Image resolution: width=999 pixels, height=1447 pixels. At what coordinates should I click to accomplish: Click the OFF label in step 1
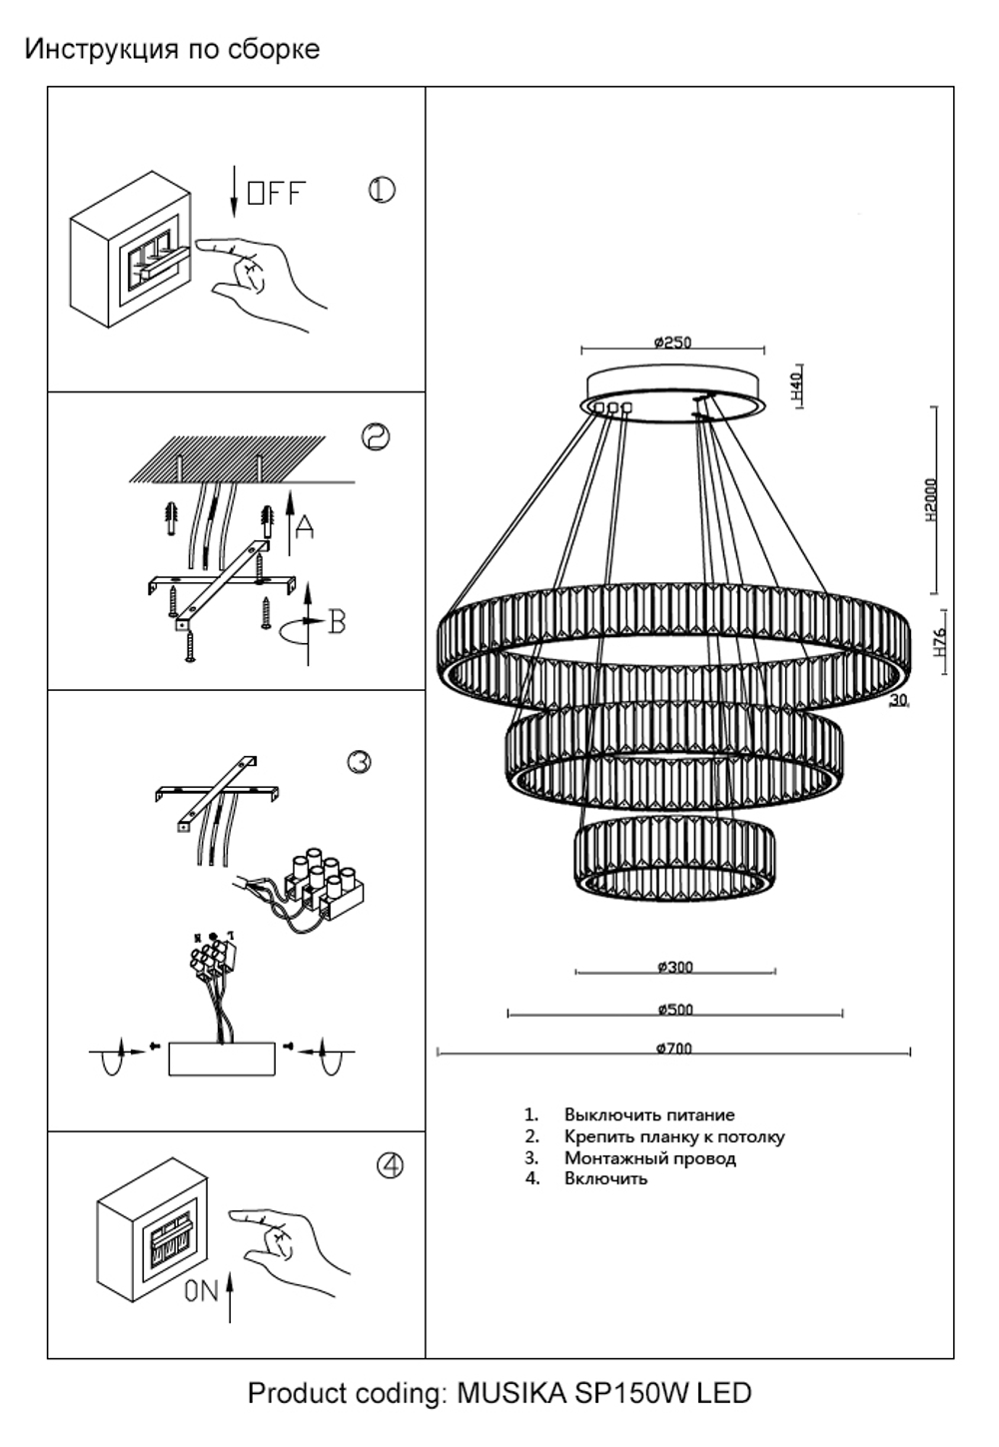click(276, 193)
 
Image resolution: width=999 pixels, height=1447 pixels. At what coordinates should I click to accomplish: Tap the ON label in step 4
click(201, 1291)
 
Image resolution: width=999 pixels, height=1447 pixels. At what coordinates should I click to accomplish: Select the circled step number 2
click(375, 437)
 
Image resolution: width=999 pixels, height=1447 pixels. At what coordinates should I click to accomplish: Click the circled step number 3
click(360, 762)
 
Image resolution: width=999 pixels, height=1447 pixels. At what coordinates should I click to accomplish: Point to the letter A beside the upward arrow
click(305, 526)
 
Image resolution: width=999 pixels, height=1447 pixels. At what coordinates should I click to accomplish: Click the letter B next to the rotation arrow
click(337, 622)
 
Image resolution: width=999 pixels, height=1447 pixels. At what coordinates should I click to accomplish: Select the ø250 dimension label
click(672, 343)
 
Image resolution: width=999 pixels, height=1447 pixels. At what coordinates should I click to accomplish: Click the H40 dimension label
click(796, 385)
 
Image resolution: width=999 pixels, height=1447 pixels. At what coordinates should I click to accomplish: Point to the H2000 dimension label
click(932, 500)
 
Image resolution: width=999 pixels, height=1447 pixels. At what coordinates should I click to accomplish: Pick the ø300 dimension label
click(675, 967)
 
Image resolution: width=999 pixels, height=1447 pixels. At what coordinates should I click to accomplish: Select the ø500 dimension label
click(675, 1010)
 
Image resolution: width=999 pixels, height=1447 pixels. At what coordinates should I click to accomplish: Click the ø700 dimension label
click(674, 1049)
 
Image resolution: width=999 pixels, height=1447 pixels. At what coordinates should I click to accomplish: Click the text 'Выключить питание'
click(648, 1114)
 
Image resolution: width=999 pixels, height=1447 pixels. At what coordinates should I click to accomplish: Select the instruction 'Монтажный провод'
click(649, 1158)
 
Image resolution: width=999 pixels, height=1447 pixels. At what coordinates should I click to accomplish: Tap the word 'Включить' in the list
click(605, 1179)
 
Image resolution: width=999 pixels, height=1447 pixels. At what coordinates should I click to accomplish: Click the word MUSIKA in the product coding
click(510, 1393)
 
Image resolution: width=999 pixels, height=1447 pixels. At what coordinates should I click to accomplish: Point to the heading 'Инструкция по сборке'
click(172, 49)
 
